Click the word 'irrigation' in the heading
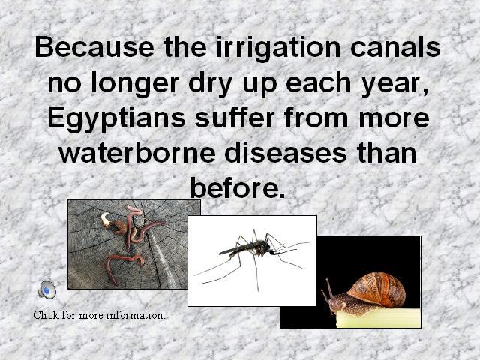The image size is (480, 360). tap(278, 48)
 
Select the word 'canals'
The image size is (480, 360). tap(395, 46)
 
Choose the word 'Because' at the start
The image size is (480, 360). tap(94, 46)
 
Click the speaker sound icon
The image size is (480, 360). tap(47, 289)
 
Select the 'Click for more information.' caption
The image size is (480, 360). tap(99, 315)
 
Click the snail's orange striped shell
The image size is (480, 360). tap(377, 289)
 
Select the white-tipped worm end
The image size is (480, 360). tap(105, 219)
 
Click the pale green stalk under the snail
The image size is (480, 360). tap(378, 318)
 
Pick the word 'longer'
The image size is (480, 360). tap(135, 84)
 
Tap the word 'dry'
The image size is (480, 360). tap(211, 84)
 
